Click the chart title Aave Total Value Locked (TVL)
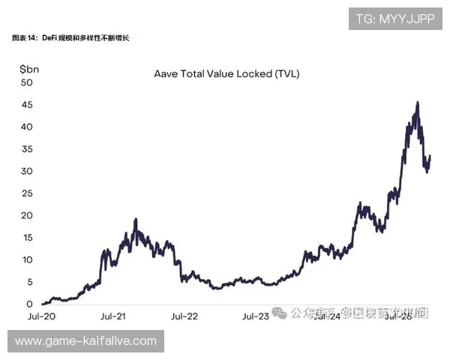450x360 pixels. pos(226,73)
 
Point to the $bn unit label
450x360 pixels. pos(31,69)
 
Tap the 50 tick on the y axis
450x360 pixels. pos(26,82)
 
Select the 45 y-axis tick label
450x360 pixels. pos(26,105)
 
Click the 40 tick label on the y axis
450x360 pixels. pos(26,127)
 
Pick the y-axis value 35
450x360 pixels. pos(26,149)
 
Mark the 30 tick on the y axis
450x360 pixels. pos(26,171)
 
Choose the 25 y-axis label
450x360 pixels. pos(26,193)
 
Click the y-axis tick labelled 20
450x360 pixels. pos(26,215)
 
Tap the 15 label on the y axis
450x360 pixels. pos(26,238)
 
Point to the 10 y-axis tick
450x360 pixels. pos(26,259)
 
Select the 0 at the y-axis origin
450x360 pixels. pos(28,304)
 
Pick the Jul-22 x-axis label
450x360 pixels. pos(184,316)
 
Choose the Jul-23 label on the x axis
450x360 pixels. pos(255,316)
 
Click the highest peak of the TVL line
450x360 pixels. pos(417,103)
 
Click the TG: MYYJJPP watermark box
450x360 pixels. pos(395,19)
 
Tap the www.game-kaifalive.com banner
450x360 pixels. pos(86,341)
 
